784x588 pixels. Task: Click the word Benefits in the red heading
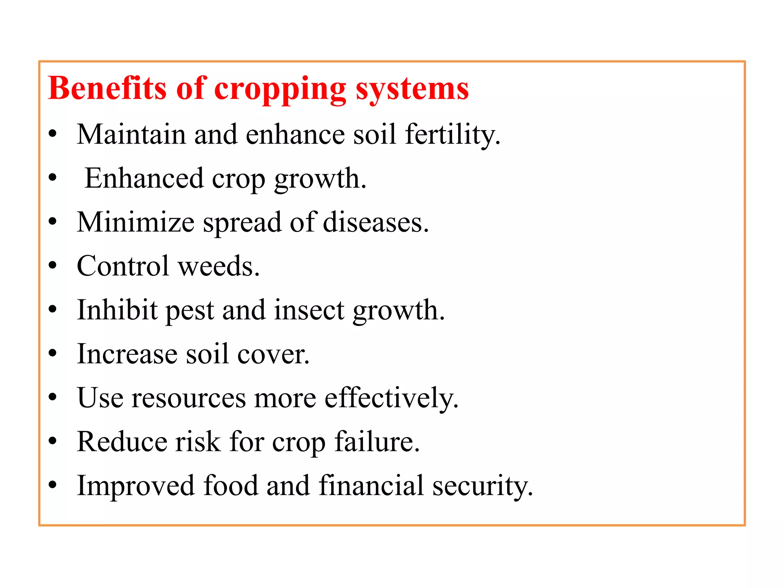point(107,88)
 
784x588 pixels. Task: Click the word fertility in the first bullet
point(452,135)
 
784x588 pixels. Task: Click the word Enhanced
point(144,178)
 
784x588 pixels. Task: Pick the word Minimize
point(136,222)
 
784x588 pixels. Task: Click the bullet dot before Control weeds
point(53,265)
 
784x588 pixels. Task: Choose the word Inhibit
point(117,310)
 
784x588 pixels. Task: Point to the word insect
point(309,310)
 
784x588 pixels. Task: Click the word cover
point(273,354)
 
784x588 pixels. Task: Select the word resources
point(188,398)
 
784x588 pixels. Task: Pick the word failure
point(377,442)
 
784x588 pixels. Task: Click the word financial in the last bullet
point(371,486)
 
